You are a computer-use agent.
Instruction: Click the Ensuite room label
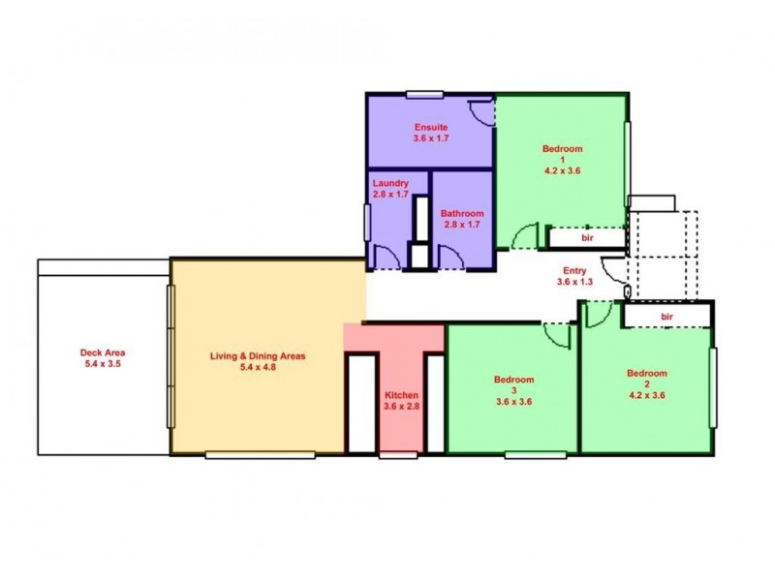point(430,127)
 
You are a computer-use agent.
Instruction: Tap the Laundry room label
point(389,182)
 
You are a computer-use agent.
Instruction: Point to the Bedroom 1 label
point(562,149)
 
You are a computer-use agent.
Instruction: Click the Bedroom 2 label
point(646,373)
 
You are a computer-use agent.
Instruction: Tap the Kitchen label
point(400,395)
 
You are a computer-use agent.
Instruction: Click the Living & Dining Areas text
point(258,355)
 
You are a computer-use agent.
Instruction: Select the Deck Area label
point(103,352)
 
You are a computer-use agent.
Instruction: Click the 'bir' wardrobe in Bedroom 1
point(587,236)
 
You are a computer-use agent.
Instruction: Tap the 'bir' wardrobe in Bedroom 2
point(666,316)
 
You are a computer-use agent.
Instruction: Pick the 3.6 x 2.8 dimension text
point(400,407)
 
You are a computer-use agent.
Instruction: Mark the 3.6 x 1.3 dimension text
point(576,283)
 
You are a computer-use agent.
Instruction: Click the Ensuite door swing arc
point(479,108)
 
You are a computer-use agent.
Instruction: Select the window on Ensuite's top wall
point(424,94)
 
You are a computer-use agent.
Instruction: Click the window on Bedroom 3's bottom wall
point(536,453)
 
